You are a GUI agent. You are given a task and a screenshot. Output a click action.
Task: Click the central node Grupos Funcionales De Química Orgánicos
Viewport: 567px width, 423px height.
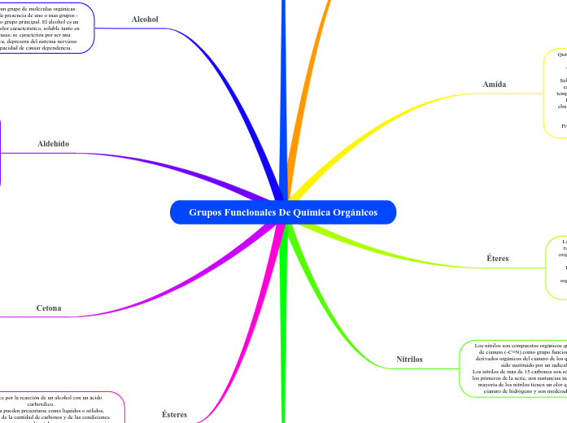[x=283, y=212]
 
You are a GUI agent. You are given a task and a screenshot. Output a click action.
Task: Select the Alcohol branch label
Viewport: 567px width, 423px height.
[x=145, y=19]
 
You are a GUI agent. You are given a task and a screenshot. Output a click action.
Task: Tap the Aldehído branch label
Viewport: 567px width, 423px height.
[x=54, y=143]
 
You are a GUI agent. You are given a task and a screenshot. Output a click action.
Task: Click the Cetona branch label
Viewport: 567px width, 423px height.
[x=49, y=308]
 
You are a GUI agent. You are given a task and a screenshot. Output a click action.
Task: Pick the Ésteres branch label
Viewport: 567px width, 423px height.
[x=174, y=414]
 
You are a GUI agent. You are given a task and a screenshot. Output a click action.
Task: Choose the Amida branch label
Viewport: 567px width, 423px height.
[x=495, y=85]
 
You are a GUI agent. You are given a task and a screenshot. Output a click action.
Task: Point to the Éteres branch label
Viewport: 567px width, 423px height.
[x=497, y=259]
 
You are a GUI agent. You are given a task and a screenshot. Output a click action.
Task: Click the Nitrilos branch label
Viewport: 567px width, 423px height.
[x=409, y=359]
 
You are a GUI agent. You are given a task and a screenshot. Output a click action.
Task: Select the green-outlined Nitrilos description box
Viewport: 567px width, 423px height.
[x=514, y=368]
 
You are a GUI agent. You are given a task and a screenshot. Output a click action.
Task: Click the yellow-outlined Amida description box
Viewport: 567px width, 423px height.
[x=556, y=89]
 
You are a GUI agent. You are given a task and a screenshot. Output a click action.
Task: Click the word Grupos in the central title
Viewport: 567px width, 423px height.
[x=207, y=212]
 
